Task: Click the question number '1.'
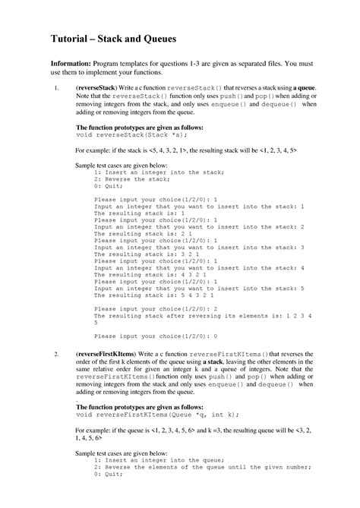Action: click(57, 89)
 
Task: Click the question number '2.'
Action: click(57, 355)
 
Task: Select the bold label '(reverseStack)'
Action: click(97, 89)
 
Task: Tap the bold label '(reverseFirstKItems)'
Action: click(109, 355)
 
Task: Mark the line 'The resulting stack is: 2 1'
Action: click(151, 232)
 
